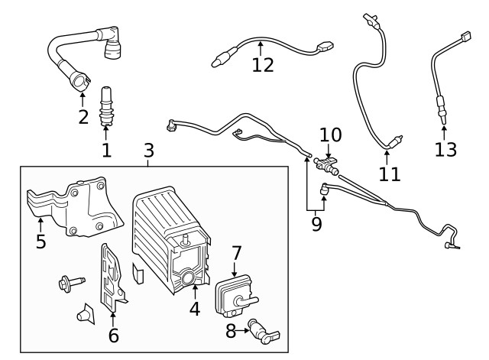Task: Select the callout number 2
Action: click(x=83, y=117)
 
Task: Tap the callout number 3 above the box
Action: click(x=149, y=150)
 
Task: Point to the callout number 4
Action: click(x=195, y=310)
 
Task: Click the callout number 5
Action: click(x=40, y=242)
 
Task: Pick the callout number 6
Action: click(x=114, y=334)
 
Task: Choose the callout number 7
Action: click(x=236, y=253)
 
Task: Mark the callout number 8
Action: click(x=231, y=331)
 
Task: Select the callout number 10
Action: click(x=330, y=135)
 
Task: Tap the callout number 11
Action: click(x=390, y=174)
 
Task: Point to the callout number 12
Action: click(x=262, y=65)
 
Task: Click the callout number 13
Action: click(x=445, y=148)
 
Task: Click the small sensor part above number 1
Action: click(x=106, y=107)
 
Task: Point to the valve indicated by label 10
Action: click(x=326, y=164)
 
